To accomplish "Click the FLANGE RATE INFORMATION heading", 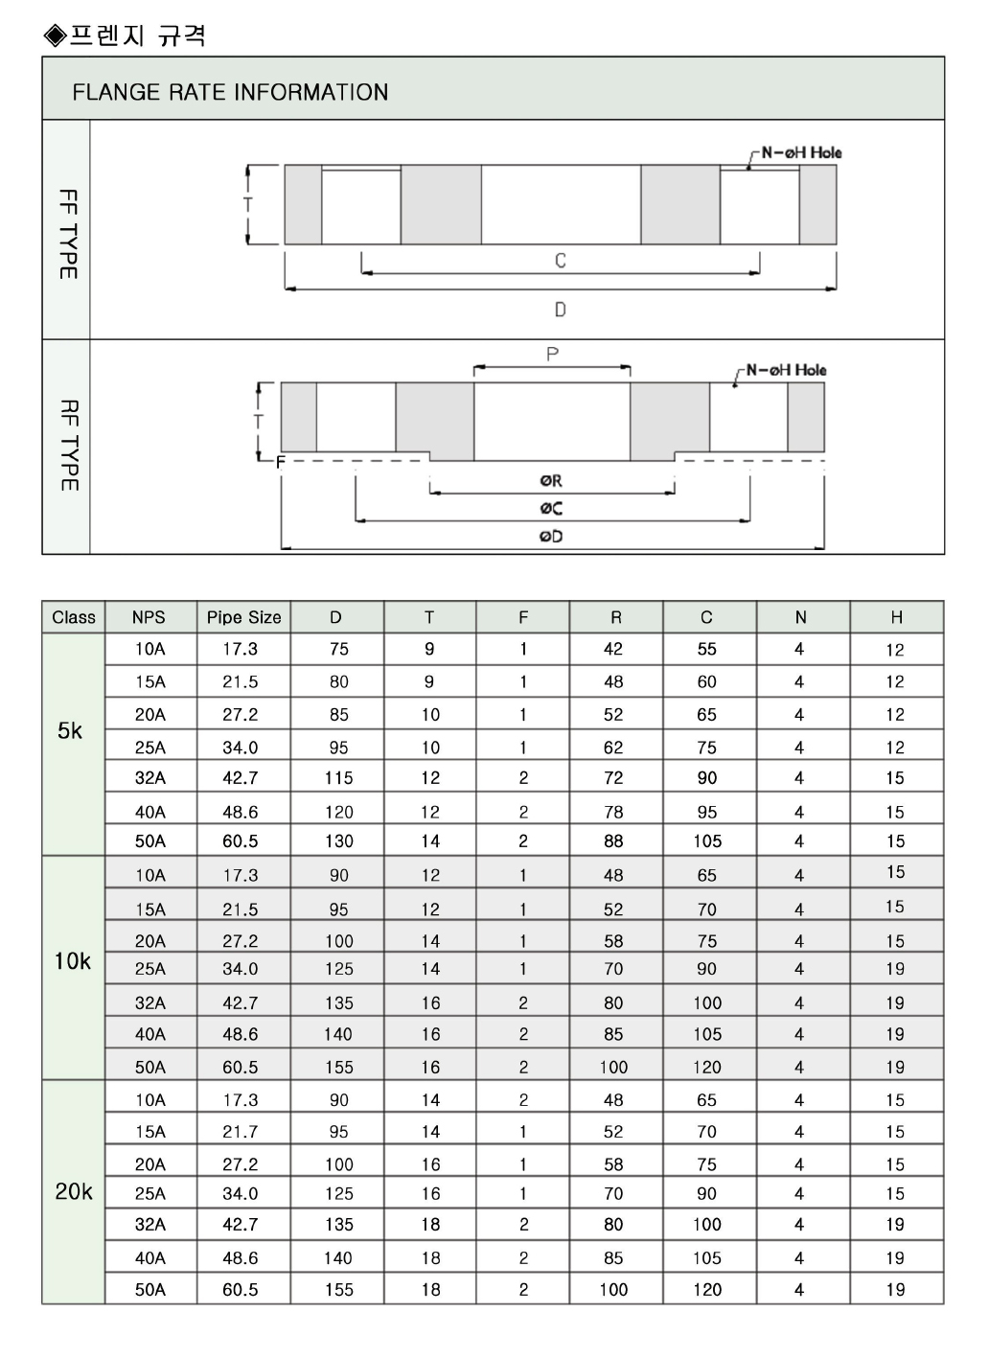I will (x=230, y=92).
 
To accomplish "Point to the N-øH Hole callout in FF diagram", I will (x=801, y=152).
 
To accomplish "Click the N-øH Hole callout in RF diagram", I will (x=786, y=370).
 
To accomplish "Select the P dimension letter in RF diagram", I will (x=552, y=355).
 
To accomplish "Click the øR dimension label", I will (x=551, y=481).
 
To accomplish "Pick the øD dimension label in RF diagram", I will (x=551, y=537).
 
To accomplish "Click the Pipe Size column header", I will (x=244, y=618).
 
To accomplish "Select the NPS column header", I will (x=149, y=618).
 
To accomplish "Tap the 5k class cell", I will (x=70, y=731).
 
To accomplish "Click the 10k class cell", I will (x=72, y=961).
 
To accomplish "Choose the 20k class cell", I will (x=74, y=1192).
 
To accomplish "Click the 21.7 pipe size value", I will (x=241, y=1133).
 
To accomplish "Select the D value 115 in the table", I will (x=338, y=779).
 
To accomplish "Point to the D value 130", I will (x=338, y=841).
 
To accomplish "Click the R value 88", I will (x=613, y=841).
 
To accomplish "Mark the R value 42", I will (x=613, y=650).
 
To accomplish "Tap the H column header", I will (x=896, y=618).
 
